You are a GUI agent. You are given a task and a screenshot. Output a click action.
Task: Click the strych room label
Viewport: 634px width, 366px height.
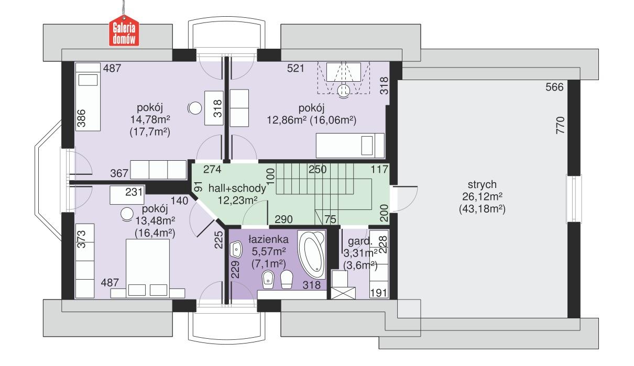point(476,184)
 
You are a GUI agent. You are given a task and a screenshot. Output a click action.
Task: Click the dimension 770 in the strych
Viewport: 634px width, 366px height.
point(560,126)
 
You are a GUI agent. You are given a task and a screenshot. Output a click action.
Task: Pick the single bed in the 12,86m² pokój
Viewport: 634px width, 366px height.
point(349,143)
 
